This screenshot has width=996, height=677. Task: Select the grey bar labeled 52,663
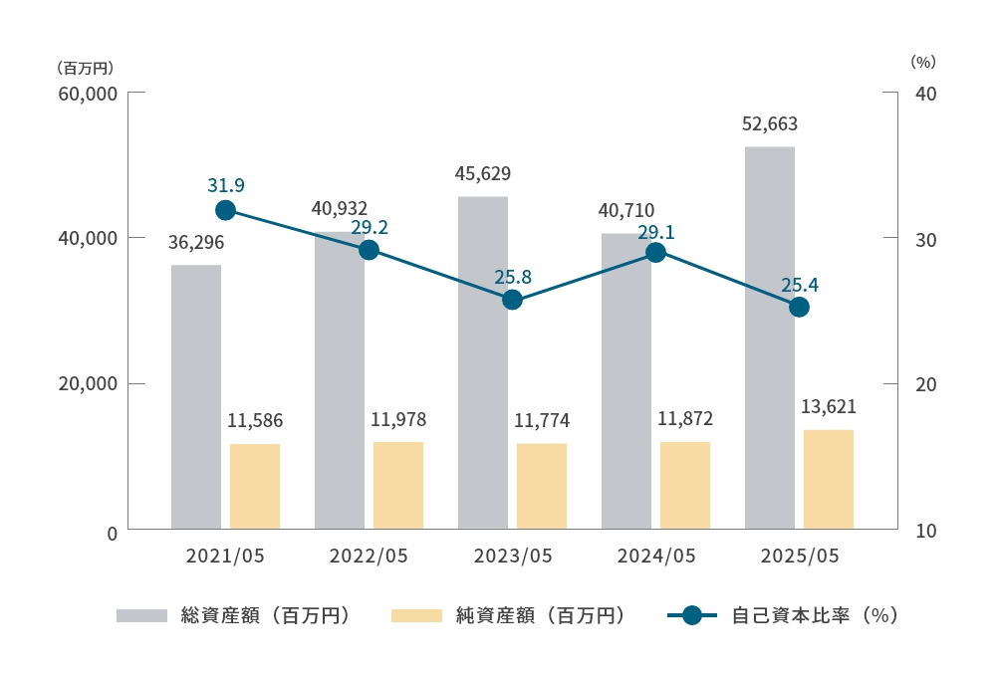(x=770, y=338)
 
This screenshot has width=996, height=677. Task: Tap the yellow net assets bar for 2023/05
(x=542, y=486)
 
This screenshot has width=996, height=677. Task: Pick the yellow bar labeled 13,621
(x=829, y=479)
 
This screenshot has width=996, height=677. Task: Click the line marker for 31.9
(x=225, y=210)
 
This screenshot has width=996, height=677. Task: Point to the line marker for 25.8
(x=512, y=300)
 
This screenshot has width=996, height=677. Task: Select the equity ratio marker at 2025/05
(x=799, y=307)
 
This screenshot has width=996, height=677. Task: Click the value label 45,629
(x=482, y=174)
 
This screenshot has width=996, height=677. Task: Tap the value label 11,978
(x=398, y=419)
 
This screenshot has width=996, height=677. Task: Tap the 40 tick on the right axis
(x=925, y=94)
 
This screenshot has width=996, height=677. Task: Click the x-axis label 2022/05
(x=369, y=556)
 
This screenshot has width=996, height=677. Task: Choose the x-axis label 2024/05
(x=655, y=556)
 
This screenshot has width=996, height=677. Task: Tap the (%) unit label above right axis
(x=923, y=62)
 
